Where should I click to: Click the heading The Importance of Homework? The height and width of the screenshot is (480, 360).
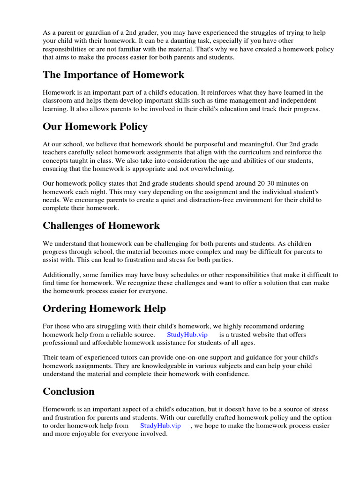[113, 75]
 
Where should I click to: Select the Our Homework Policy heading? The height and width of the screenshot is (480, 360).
[95, 127]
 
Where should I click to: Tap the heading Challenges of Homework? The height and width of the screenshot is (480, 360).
[101, 225]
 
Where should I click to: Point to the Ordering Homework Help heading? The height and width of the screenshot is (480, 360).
[104, 308]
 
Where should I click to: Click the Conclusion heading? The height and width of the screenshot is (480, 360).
[68, 391]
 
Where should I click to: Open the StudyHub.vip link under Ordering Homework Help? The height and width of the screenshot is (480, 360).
[187, 335]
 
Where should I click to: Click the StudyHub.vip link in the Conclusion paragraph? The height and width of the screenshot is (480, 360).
[160, 426]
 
